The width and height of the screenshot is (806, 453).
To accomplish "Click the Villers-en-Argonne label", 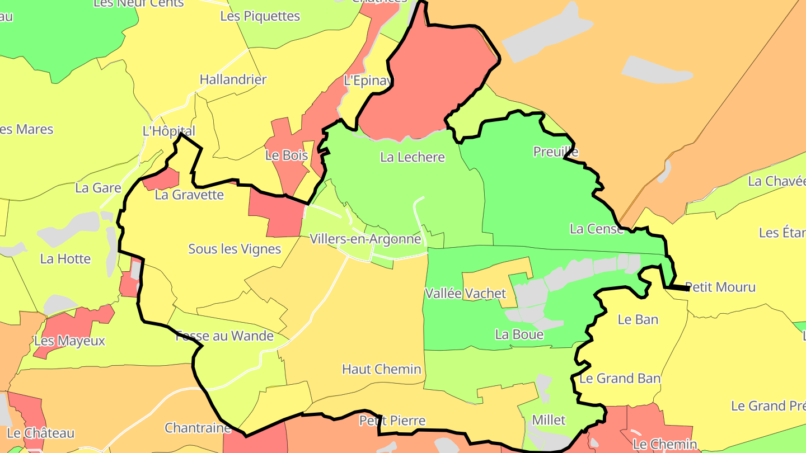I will coord(365,239).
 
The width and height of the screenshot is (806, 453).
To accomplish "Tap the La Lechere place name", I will coord(413,157).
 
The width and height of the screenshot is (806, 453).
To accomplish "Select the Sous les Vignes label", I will coord(235,249).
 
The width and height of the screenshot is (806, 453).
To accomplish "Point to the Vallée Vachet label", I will coord(466,293).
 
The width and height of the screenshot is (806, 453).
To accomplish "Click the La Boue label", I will coord(519,334).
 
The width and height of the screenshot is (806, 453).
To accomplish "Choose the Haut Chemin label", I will coord(382,369).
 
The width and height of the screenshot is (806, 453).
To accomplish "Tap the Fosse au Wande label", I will coord(224,336).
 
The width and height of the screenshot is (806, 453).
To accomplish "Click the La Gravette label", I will coord(189,195).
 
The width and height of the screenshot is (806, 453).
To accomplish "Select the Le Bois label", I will coord(287,155).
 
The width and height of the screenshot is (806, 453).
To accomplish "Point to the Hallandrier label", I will coord(233,79).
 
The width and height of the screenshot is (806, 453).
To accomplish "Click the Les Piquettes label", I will coord(260,16).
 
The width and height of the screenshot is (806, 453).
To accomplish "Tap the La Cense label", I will coord(597,229).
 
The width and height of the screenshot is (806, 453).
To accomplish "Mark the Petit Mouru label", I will coord(720,287).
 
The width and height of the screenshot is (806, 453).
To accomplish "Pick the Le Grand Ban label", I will coord(620,379).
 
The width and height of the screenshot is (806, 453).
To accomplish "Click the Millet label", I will coord(549,420).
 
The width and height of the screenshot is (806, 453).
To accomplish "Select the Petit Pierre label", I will coord(392,421).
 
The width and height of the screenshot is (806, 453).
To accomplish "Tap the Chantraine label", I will coord(198,428).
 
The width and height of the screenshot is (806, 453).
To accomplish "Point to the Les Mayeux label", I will coord(69,341).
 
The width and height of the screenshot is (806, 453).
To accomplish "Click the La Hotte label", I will coord(65,259).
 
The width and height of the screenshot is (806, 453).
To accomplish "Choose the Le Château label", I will coord(41,433).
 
